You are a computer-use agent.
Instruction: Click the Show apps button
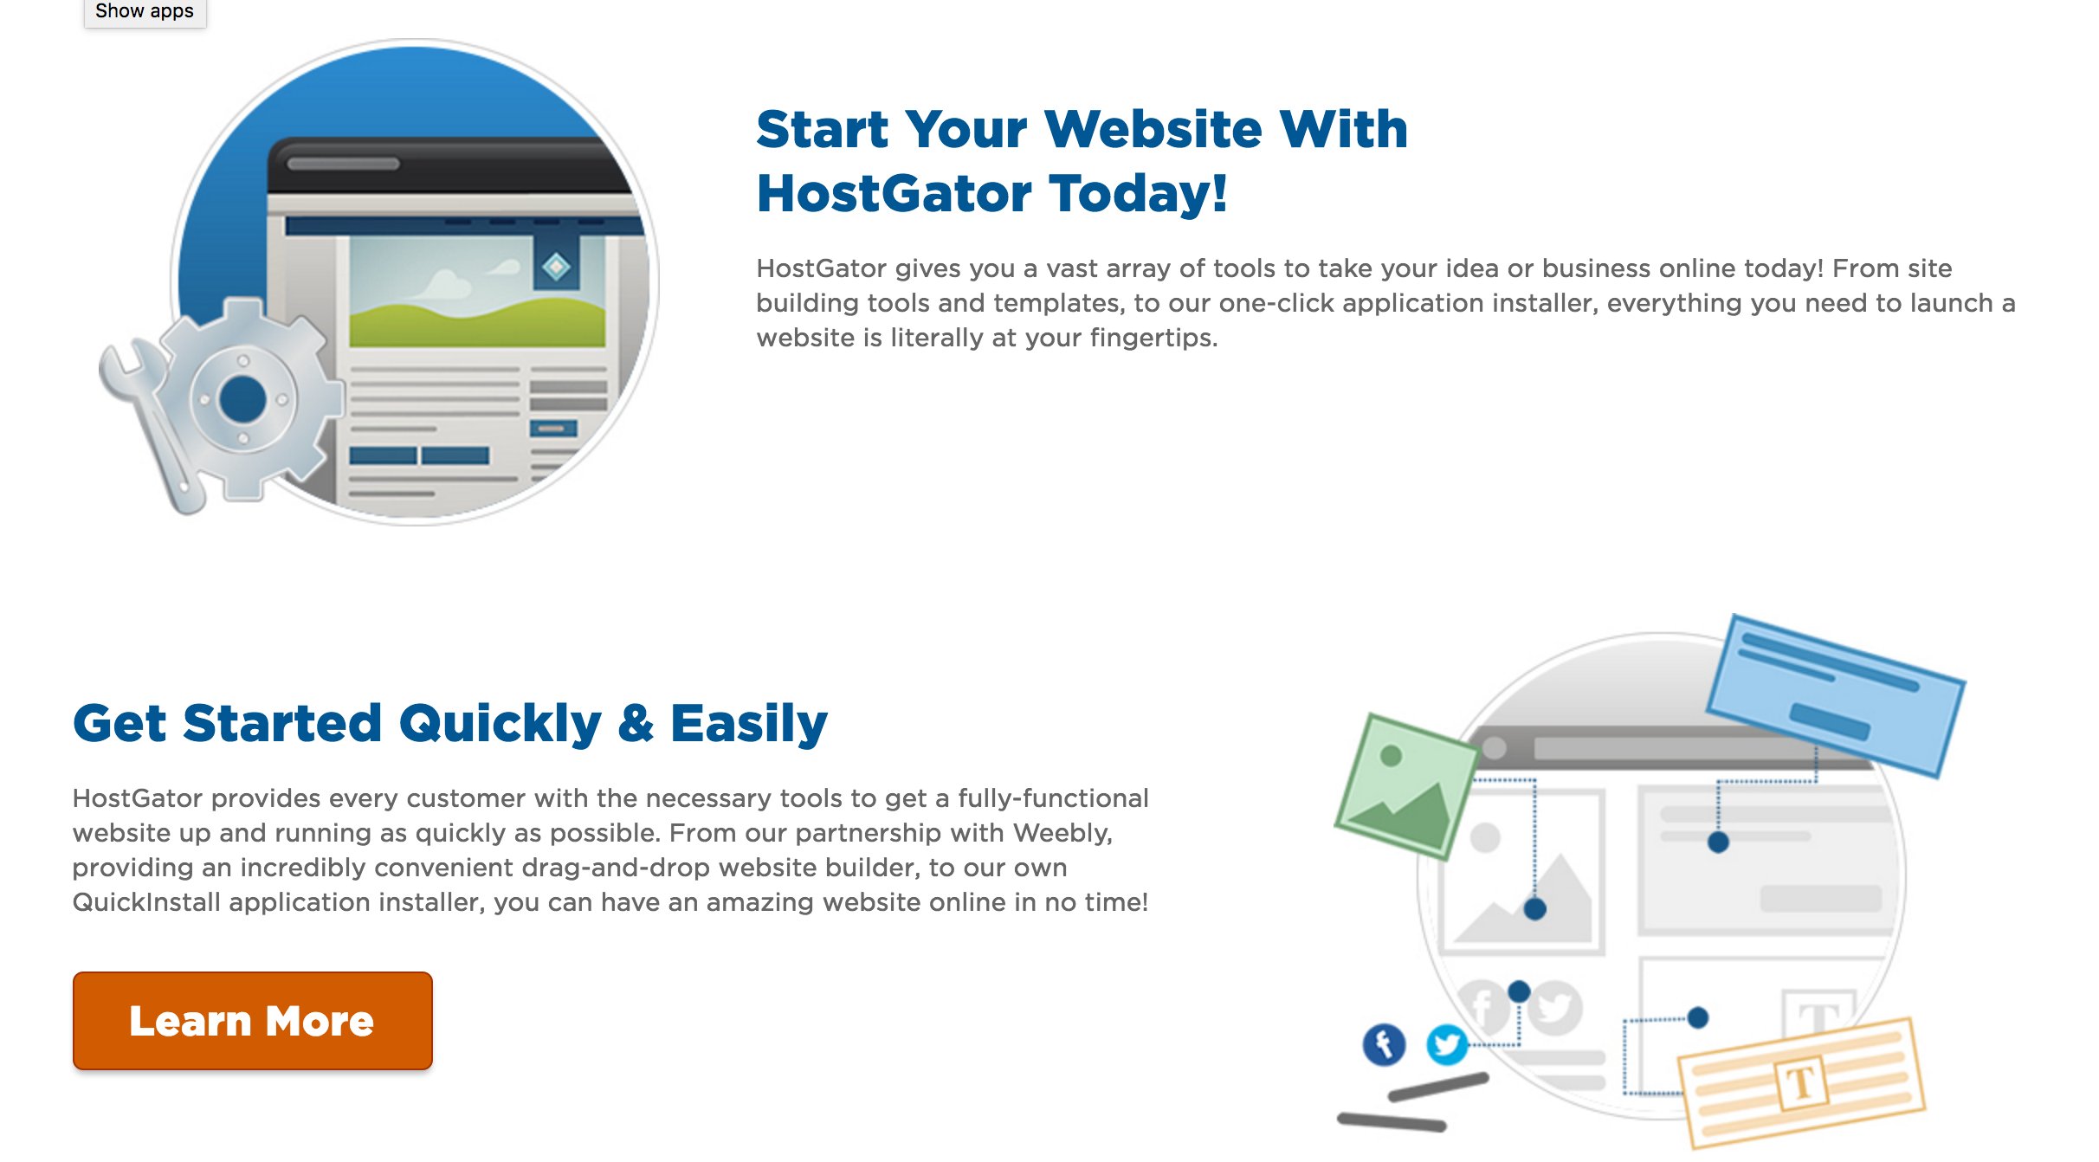145,12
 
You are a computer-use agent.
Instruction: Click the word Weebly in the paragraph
1062,833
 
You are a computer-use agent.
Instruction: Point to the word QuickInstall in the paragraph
146,902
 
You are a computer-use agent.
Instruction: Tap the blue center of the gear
243,399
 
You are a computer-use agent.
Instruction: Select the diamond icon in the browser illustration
556,267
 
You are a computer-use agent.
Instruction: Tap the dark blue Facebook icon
1384,1044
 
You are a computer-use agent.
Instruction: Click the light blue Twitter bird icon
1447,1044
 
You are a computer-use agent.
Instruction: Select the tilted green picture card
1406,785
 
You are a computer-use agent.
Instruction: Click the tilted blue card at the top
1836,695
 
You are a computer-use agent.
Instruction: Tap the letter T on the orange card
1801,1083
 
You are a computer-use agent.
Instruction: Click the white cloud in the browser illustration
446,284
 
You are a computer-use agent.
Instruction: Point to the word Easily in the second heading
749,724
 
